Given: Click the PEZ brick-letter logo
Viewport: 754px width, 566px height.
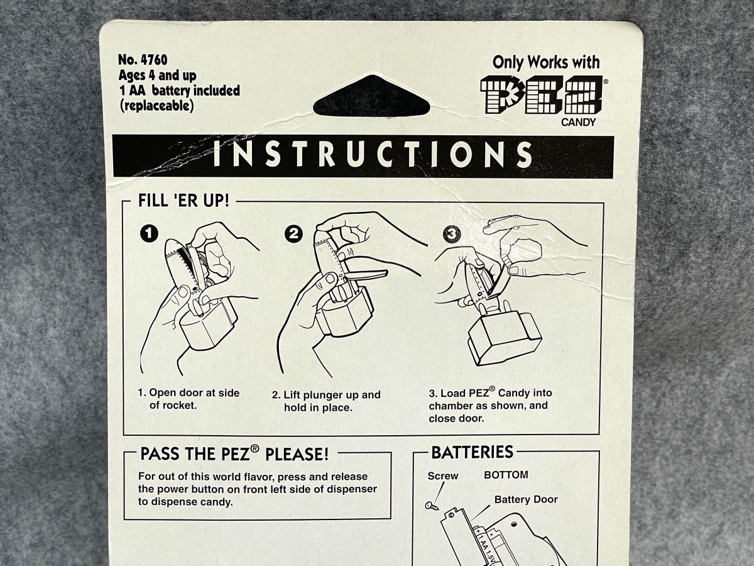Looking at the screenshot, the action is coord(542,95).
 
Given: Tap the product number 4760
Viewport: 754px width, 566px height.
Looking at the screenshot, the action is coord(153,60).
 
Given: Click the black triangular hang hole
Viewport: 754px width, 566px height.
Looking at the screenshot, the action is coord(371,97).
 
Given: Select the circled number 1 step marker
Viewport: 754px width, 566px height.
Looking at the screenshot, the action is coord(149,234).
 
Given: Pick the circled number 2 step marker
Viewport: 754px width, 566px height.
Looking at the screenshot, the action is coord(293,234).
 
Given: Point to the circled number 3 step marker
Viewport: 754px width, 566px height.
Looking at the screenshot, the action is coord(452,234).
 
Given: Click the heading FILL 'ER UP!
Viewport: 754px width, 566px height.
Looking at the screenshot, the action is coord(183,201).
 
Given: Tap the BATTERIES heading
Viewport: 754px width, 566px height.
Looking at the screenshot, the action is coord(472,452).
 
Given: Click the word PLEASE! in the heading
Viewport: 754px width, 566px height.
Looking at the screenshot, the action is coord(297,454).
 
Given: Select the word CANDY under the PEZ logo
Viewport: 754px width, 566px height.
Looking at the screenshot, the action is coord(578,123).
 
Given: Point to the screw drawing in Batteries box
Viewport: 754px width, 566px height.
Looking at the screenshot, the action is coord(432,506).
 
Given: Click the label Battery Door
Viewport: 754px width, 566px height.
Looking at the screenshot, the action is coord(526,499).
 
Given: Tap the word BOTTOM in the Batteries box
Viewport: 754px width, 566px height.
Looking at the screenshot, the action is coord(506,475).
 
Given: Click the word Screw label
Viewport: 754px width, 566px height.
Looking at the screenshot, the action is coord(443,476).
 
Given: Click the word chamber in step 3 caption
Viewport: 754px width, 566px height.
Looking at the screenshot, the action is coord(451,406).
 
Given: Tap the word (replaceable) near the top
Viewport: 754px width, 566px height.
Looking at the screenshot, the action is coord(156,106).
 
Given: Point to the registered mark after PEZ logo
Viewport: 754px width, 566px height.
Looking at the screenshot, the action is coord(605,82).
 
